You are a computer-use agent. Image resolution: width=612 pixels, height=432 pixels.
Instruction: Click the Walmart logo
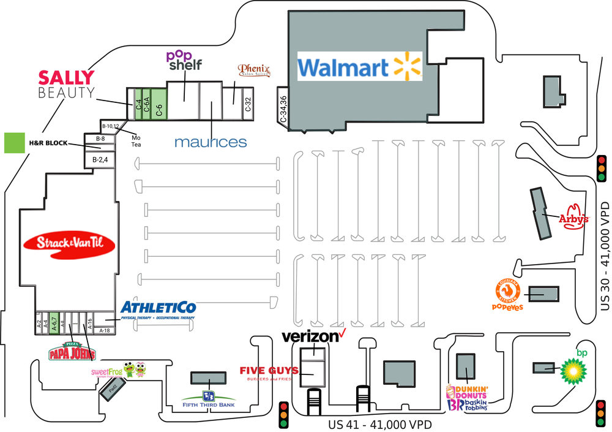point(360,66)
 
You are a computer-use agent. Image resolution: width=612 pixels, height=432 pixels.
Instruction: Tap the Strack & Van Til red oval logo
point(69,243)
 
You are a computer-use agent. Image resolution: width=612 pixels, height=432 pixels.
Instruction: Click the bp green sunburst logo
point(574,368)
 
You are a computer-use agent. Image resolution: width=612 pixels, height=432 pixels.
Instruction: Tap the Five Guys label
point(269,372)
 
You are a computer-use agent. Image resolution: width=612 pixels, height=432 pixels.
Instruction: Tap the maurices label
point(211,142)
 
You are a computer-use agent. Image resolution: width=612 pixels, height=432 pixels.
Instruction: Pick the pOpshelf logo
point(184,59)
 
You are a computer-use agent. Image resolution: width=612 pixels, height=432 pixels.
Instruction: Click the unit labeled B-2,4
point(100,160)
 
